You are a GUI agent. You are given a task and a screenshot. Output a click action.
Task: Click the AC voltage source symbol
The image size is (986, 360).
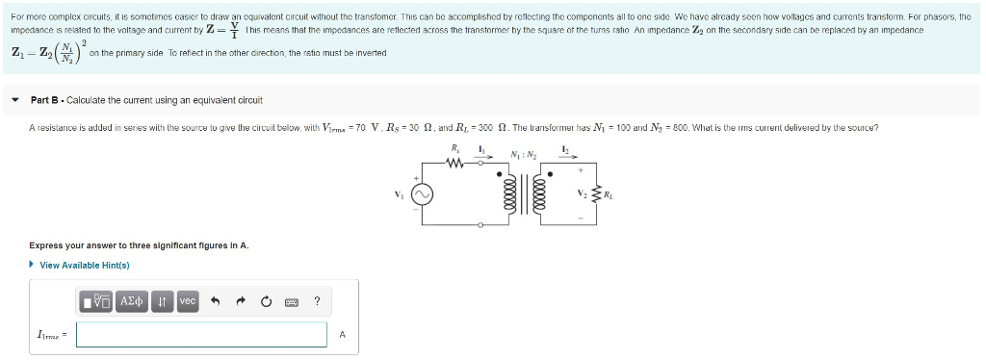point(422,194)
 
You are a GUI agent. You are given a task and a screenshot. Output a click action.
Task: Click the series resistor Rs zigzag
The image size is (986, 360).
point(455,163)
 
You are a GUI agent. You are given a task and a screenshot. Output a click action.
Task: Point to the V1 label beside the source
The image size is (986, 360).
point(402,194)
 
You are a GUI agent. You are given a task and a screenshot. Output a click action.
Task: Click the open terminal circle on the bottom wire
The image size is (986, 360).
point(480,224)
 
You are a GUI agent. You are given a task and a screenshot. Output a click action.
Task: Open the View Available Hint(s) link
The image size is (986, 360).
point(84,265)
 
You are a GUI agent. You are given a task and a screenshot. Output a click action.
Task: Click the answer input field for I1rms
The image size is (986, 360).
point(201,334)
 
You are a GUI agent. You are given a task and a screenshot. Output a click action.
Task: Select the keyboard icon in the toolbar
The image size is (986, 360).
point(291,302)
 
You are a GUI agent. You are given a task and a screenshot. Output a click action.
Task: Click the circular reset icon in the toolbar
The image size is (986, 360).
point(265,302)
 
